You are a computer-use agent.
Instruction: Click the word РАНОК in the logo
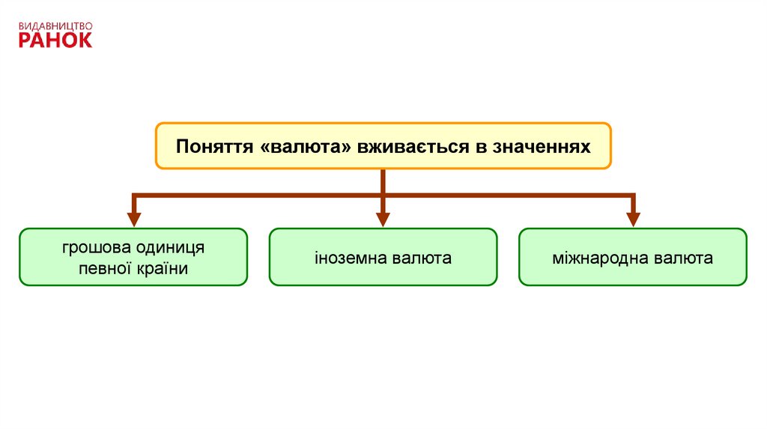[x=55, y=40]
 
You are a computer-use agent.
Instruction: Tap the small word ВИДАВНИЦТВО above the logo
[x=55, y=25]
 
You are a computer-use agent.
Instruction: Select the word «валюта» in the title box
[x=306, y=146]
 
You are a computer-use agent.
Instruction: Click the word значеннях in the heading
[x=541, y=146]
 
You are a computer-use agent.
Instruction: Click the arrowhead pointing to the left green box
[x=134, y=219]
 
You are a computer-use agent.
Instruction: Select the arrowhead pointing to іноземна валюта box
[x=383, y=219]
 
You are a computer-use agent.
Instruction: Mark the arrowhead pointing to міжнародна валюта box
[x=633, y=219]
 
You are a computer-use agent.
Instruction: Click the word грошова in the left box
[x=92, y=247]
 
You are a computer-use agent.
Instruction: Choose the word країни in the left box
[x=162, y=268]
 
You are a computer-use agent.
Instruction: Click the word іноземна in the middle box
[x=348, y=258]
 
